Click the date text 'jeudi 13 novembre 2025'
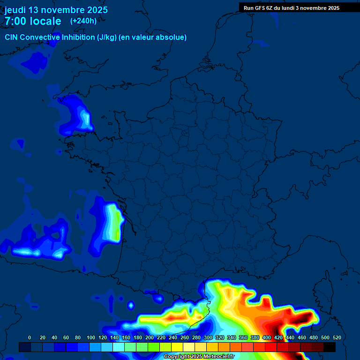56,10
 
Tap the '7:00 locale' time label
33,21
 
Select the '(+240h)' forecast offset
83,21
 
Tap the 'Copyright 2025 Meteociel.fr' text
199,356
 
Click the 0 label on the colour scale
30,337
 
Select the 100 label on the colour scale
90,337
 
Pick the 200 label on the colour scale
150,337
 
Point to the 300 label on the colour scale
208,337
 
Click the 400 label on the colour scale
267,337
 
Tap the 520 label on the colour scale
337,337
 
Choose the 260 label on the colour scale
185,337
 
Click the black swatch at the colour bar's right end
330,347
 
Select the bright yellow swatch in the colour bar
177,347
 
